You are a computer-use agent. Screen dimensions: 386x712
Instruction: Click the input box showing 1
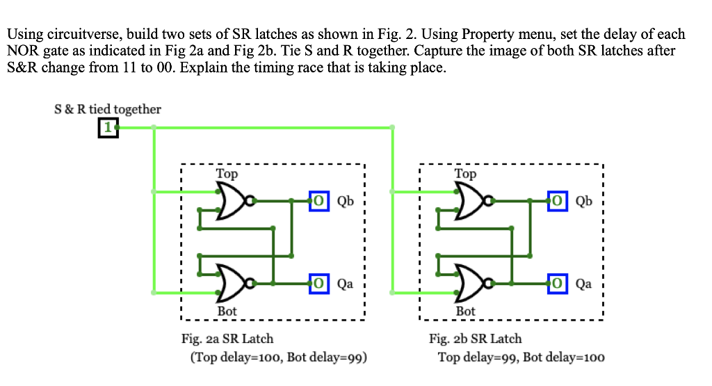tap(108, 128)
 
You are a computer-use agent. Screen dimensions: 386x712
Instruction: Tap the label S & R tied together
tap(108, 109)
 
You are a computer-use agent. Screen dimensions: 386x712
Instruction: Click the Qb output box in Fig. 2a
tap(318, 201)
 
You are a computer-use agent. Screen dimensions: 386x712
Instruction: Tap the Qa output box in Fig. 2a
tap(318, 283)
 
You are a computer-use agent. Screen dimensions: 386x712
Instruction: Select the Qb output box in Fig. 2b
tap(557, 201)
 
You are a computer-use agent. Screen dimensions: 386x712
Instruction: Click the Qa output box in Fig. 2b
tap(557, 283)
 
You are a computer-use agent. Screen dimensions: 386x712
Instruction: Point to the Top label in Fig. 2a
tap(227, 174)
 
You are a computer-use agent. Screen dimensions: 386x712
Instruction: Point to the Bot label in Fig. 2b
tap(465, 311)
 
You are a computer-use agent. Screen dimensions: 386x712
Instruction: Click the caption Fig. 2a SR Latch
tap(227, 339)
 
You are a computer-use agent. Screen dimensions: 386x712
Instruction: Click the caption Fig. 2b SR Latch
tap(476, 339)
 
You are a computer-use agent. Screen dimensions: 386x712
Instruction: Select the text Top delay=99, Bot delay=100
tap(521, 357)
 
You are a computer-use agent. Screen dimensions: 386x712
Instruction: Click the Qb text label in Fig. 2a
tap(346, 202)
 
